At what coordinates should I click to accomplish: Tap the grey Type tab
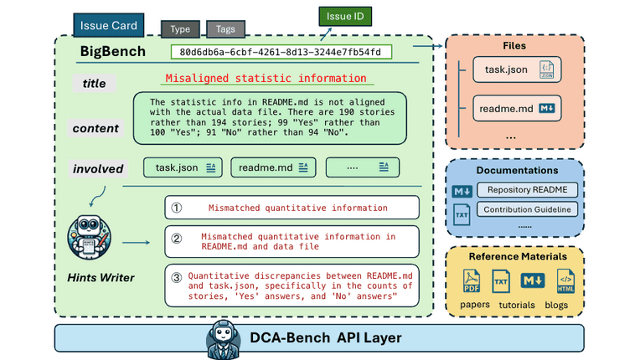(179, 28)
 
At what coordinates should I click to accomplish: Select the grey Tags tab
(225, 28)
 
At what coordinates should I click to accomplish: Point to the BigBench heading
(112, 52)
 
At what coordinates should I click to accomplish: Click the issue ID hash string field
(280, 52)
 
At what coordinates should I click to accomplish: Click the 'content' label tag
(95, 128)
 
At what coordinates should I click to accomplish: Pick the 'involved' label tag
(98, 168)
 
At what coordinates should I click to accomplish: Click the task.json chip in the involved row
(184, 167)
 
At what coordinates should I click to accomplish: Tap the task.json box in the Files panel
(514, 69)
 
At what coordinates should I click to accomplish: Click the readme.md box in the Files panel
(515, 109)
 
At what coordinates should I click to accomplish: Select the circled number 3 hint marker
(176, 277)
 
